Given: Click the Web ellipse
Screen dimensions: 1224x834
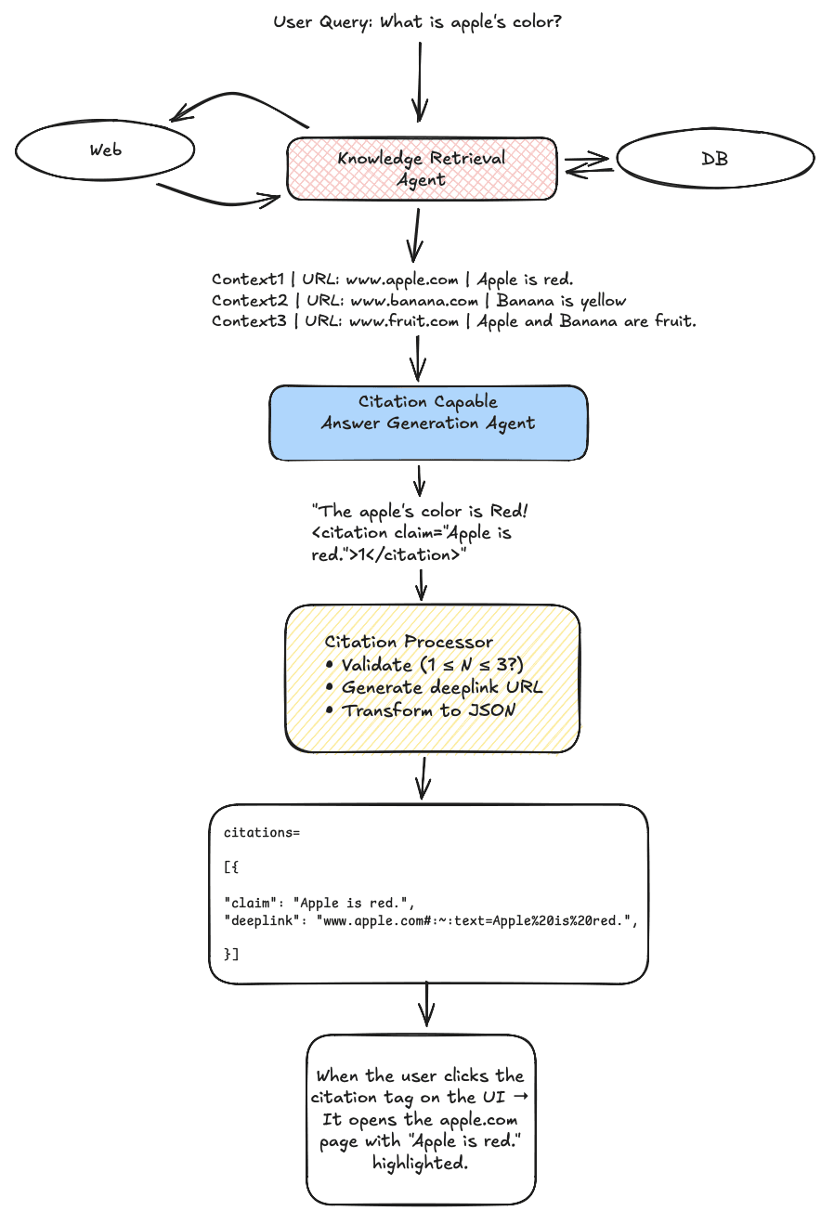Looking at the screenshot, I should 105,150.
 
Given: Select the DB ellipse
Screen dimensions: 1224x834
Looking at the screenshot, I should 715,159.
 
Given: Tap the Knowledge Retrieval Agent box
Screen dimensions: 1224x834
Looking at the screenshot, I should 422,169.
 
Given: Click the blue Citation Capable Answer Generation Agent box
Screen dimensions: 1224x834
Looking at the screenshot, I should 428,423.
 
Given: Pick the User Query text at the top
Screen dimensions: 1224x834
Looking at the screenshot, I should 417,22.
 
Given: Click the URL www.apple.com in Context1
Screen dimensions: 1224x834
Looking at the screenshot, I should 402,280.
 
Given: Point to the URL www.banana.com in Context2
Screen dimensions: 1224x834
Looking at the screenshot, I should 414,301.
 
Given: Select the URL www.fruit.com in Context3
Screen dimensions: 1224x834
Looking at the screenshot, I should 404,321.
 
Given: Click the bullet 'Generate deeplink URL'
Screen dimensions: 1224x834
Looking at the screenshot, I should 441,688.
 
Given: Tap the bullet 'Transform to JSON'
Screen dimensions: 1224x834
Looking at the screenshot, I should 428,710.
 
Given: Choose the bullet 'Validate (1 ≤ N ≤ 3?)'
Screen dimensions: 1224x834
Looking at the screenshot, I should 432,665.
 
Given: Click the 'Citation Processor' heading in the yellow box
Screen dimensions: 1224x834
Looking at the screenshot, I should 409,642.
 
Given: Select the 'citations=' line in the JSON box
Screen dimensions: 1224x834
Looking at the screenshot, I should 262,833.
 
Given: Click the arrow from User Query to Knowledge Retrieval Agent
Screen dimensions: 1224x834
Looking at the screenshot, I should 420,81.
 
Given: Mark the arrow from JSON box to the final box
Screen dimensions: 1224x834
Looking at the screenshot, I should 426,1006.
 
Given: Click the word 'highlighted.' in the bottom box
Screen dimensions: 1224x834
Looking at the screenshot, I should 420,1164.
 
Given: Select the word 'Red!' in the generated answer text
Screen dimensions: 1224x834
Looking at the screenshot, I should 509,512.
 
